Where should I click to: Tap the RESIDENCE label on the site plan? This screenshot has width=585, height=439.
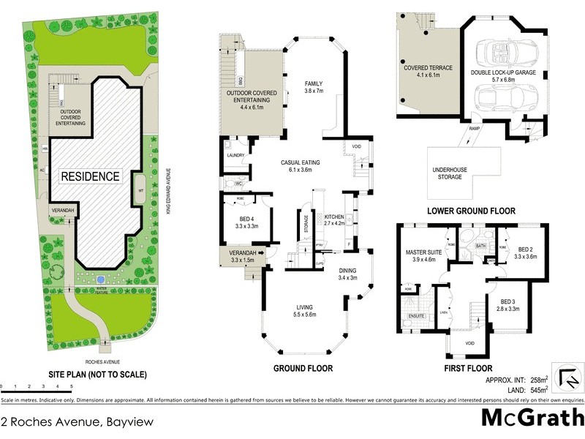point(90,176)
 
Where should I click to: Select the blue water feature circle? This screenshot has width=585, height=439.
point(99,279)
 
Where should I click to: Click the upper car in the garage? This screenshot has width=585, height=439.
point(505,54)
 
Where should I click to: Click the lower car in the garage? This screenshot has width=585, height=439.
point(505,97)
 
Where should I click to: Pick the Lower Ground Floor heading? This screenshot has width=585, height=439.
point(472,211)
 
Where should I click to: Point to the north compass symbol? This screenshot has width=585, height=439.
point(568,375)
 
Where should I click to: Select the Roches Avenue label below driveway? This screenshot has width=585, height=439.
point(98,361)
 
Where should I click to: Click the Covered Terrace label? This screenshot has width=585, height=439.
point(428,71)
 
